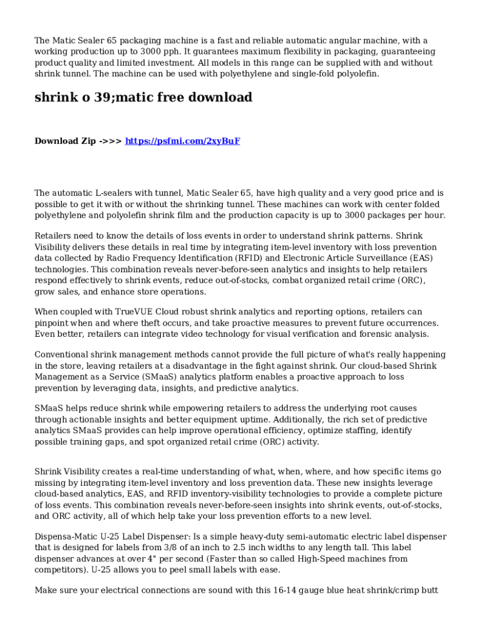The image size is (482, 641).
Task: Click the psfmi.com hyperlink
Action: click(182, 141)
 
